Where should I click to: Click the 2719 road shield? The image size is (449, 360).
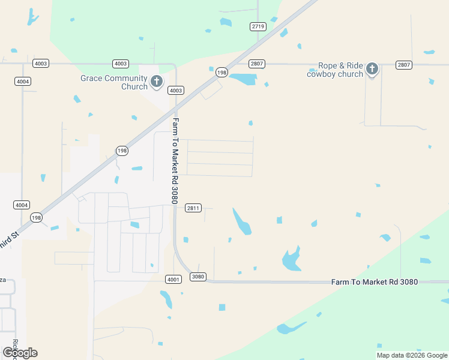(x=258, y=26)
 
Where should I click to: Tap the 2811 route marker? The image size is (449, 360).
(x=193, y=208)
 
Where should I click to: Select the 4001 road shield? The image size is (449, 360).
(x=172, y=279)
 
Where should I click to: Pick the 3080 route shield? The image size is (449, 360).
(x=197, y=277)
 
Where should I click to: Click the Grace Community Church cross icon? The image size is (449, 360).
(x=157, y=80)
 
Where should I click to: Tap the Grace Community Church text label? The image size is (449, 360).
(x=114, y=82)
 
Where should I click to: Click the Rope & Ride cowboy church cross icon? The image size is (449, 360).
(x=372, y=68)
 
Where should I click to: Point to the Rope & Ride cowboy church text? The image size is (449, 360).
(x=335, y=70)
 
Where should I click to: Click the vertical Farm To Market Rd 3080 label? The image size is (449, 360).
(x=175, y=160)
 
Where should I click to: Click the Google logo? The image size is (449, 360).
(x=20, y=353)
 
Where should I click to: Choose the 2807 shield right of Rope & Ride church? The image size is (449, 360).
(x=403, y=64)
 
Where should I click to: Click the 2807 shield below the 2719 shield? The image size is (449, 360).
(x=257, y=64)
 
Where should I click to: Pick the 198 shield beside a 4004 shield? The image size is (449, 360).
(x=36, y=217)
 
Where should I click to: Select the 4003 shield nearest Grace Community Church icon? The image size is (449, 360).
(x=175, y=91)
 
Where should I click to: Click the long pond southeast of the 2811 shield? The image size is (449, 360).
(x=242, y=222)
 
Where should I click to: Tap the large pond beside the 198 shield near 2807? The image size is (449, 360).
(x=243, y=79)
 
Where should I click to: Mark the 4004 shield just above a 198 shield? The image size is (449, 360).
(x=22, y=205)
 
